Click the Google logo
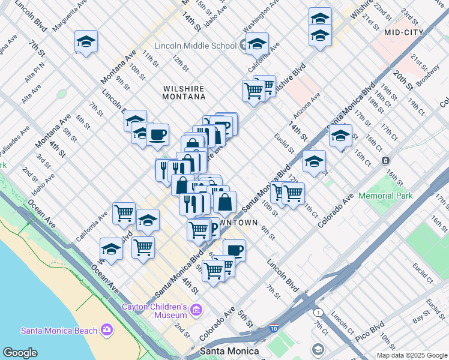click(x=20, y=353)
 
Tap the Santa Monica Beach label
click(x=59, y=330)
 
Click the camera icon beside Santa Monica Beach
click(x=107, y=329)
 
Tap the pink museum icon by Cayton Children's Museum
click(x=196, y=310)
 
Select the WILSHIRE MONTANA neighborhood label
click(x=184, y=92)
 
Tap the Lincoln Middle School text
click(x=195, y=46)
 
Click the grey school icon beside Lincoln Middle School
click(x=243, y=44)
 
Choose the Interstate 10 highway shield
click(x=274, y=328)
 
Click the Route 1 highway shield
click(x=317, y=313)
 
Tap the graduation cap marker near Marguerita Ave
click(x=86, y=41)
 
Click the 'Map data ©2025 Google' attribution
click(x=412, y=355)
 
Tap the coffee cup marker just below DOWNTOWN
click(x=234, y=250)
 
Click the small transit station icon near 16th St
click(x=385, y=160)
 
